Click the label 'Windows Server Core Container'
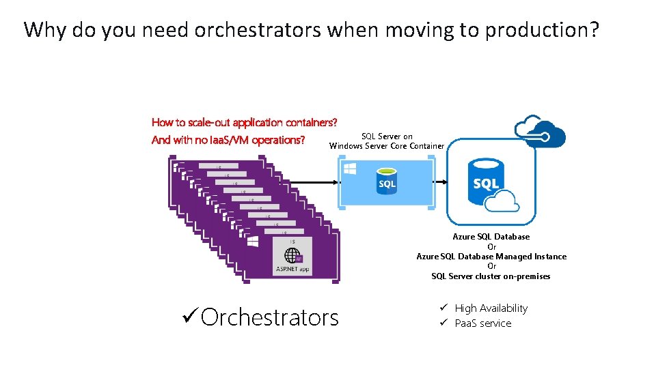[387, 146]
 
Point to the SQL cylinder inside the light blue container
[387, 180]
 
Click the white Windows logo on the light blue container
[349, 168]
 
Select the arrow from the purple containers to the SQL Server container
[301, 182]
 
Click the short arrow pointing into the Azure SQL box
[441, 182]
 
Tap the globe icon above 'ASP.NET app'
[293, 256]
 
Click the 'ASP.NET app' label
[292, 270]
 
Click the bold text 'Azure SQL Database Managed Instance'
[491, 257]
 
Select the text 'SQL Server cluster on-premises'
[491, 276]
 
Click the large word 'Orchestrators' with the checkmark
[270, 317]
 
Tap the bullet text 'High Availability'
[491, 308]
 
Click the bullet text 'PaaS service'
[482, 323]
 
